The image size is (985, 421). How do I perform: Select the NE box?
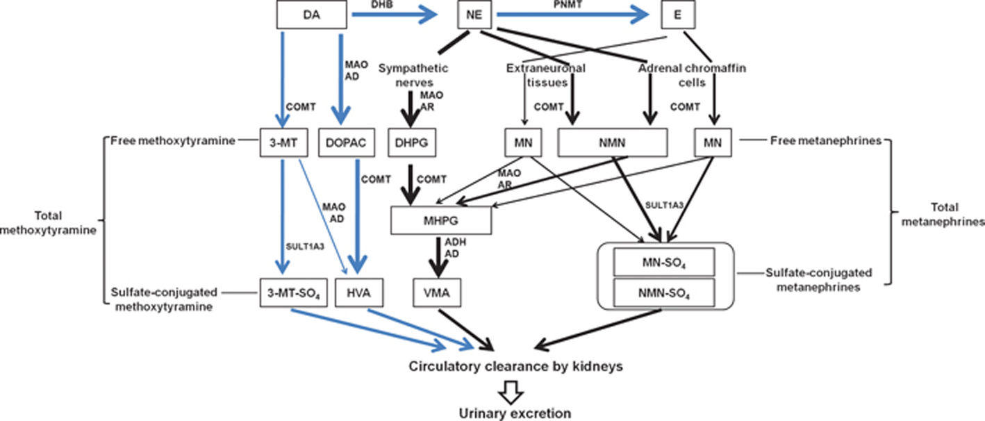point(474,14)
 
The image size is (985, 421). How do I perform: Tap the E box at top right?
point(677,14)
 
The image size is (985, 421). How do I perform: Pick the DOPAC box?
point(345,142)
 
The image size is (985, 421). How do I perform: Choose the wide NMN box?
point(611,142)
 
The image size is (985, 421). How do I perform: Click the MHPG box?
point(441,221)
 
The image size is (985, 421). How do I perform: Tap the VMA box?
point(437,292)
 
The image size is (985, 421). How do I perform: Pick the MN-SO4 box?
point(663,263)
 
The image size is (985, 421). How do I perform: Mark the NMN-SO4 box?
point(663,292)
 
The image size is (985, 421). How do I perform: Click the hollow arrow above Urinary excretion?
point(515,393)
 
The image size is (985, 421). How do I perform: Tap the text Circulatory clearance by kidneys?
point(515,365)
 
